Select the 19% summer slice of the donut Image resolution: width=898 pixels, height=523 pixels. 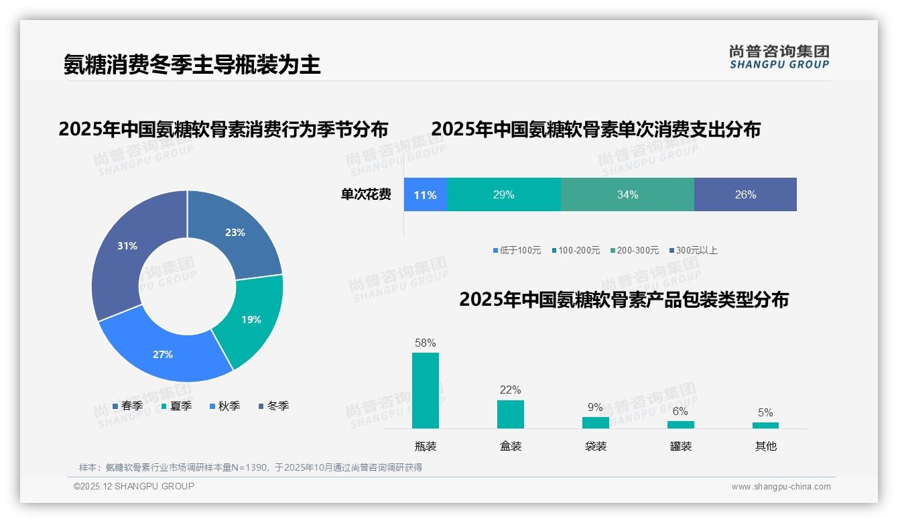251,319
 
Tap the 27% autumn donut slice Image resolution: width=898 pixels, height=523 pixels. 163,354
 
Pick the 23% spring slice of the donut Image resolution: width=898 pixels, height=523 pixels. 235,233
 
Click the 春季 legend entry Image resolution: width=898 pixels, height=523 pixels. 127,406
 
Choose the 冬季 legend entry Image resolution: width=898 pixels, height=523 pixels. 273,406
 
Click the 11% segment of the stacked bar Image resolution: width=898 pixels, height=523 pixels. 425,195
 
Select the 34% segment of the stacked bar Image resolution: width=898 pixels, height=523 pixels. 627,195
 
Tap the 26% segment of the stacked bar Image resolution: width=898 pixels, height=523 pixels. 745,195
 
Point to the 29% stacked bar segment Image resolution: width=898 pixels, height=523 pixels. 503,195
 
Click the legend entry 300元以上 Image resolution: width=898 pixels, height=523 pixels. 693,250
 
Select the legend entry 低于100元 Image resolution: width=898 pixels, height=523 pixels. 517,250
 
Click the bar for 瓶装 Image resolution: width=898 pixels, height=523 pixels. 426,390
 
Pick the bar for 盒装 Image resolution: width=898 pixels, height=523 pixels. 511,414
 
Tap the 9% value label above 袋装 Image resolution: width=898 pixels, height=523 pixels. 595,407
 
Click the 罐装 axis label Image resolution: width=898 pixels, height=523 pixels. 681,446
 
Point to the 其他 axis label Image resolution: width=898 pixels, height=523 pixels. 765,446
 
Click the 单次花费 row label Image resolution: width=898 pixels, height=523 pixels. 366,195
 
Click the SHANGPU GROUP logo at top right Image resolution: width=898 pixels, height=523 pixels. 779,57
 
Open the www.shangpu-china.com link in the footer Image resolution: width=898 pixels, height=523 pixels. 781,487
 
